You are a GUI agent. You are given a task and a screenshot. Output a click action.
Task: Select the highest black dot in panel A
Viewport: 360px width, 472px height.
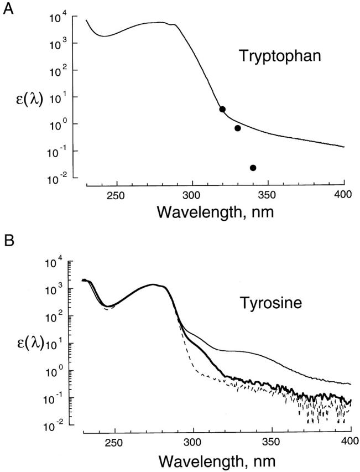tap(222, 110)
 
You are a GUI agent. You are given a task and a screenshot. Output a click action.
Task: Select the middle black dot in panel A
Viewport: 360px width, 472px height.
tap(238, 128)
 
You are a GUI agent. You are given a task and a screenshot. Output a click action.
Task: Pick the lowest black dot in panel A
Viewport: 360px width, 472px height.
tap(253, 168)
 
